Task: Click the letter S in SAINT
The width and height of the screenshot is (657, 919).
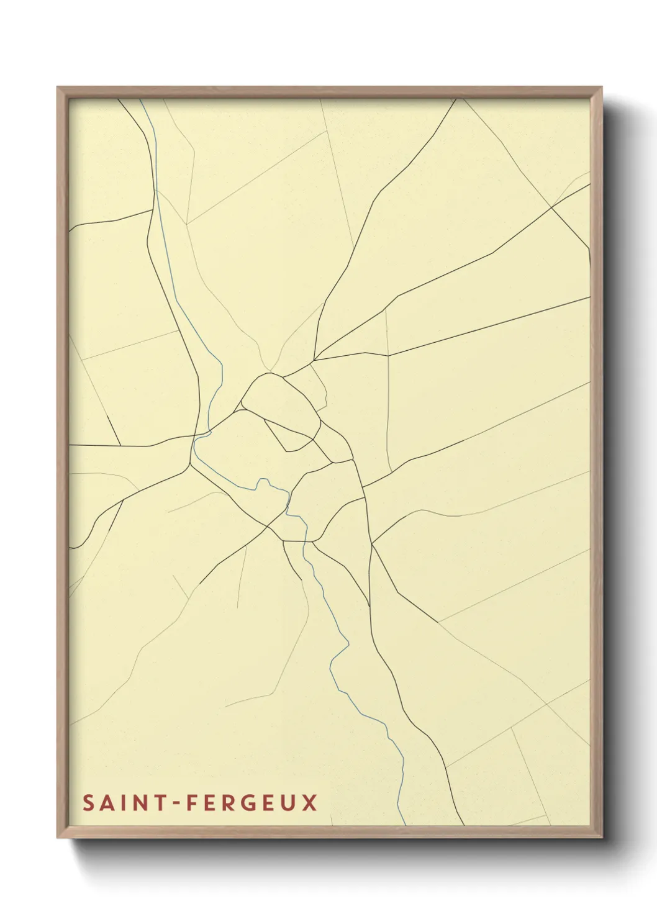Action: [88, 803]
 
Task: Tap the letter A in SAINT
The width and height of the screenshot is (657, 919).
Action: [106, 803]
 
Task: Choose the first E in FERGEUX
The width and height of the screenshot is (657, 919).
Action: [211, 803]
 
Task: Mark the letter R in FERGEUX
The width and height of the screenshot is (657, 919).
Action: [230, 803]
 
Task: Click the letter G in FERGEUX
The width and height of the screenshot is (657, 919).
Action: [250, 803]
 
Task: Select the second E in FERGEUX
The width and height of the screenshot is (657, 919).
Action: [270, 803]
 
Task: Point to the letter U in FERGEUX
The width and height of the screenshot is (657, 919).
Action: [289, 803]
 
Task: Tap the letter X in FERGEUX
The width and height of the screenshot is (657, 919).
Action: [310, 803]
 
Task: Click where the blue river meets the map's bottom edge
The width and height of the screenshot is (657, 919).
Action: [405, 825]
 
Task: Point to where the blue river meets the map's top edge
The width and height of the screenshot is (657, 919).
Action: [140, 99]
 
